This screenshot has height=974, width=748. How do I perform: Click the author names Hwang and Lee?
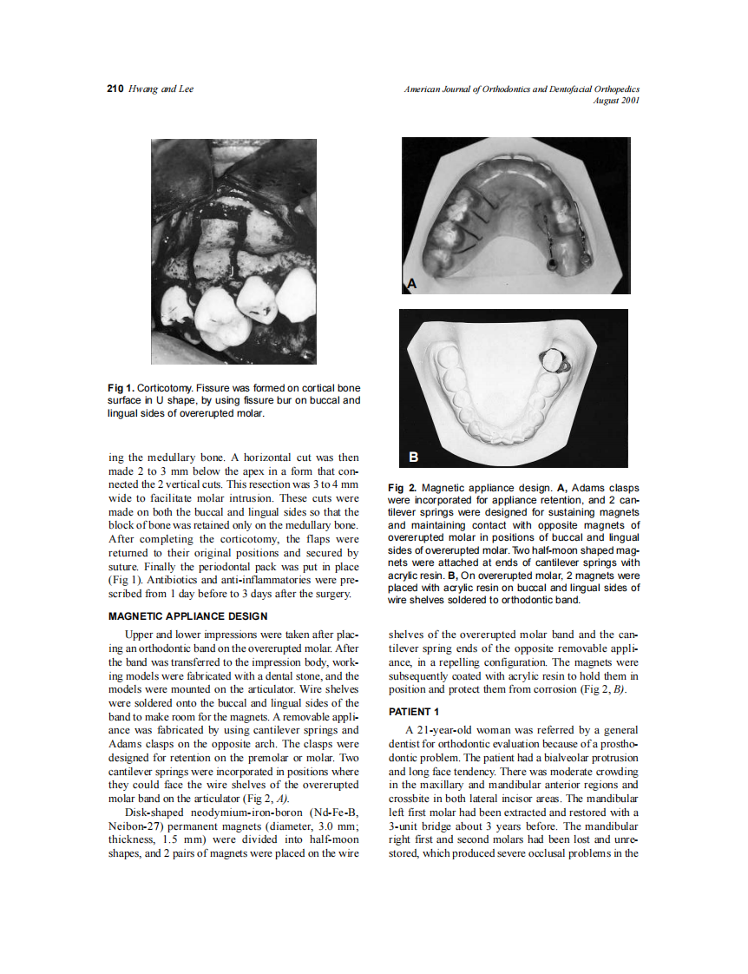[161, 89]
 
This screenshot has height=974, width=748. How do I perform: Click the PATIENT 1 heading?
[415, 712]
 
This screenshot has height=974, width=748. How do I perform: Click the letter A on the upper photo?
[412, 282]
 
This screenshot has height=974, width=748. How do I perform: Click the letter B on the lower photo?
[414, 457]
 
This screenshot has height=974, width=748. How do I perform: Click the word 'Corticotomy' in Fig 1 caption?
[165, 387]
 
